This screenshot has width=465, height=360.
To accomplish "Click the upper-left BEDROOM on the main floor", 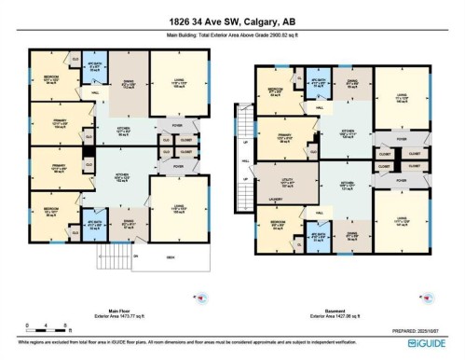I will click(48, 79).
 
